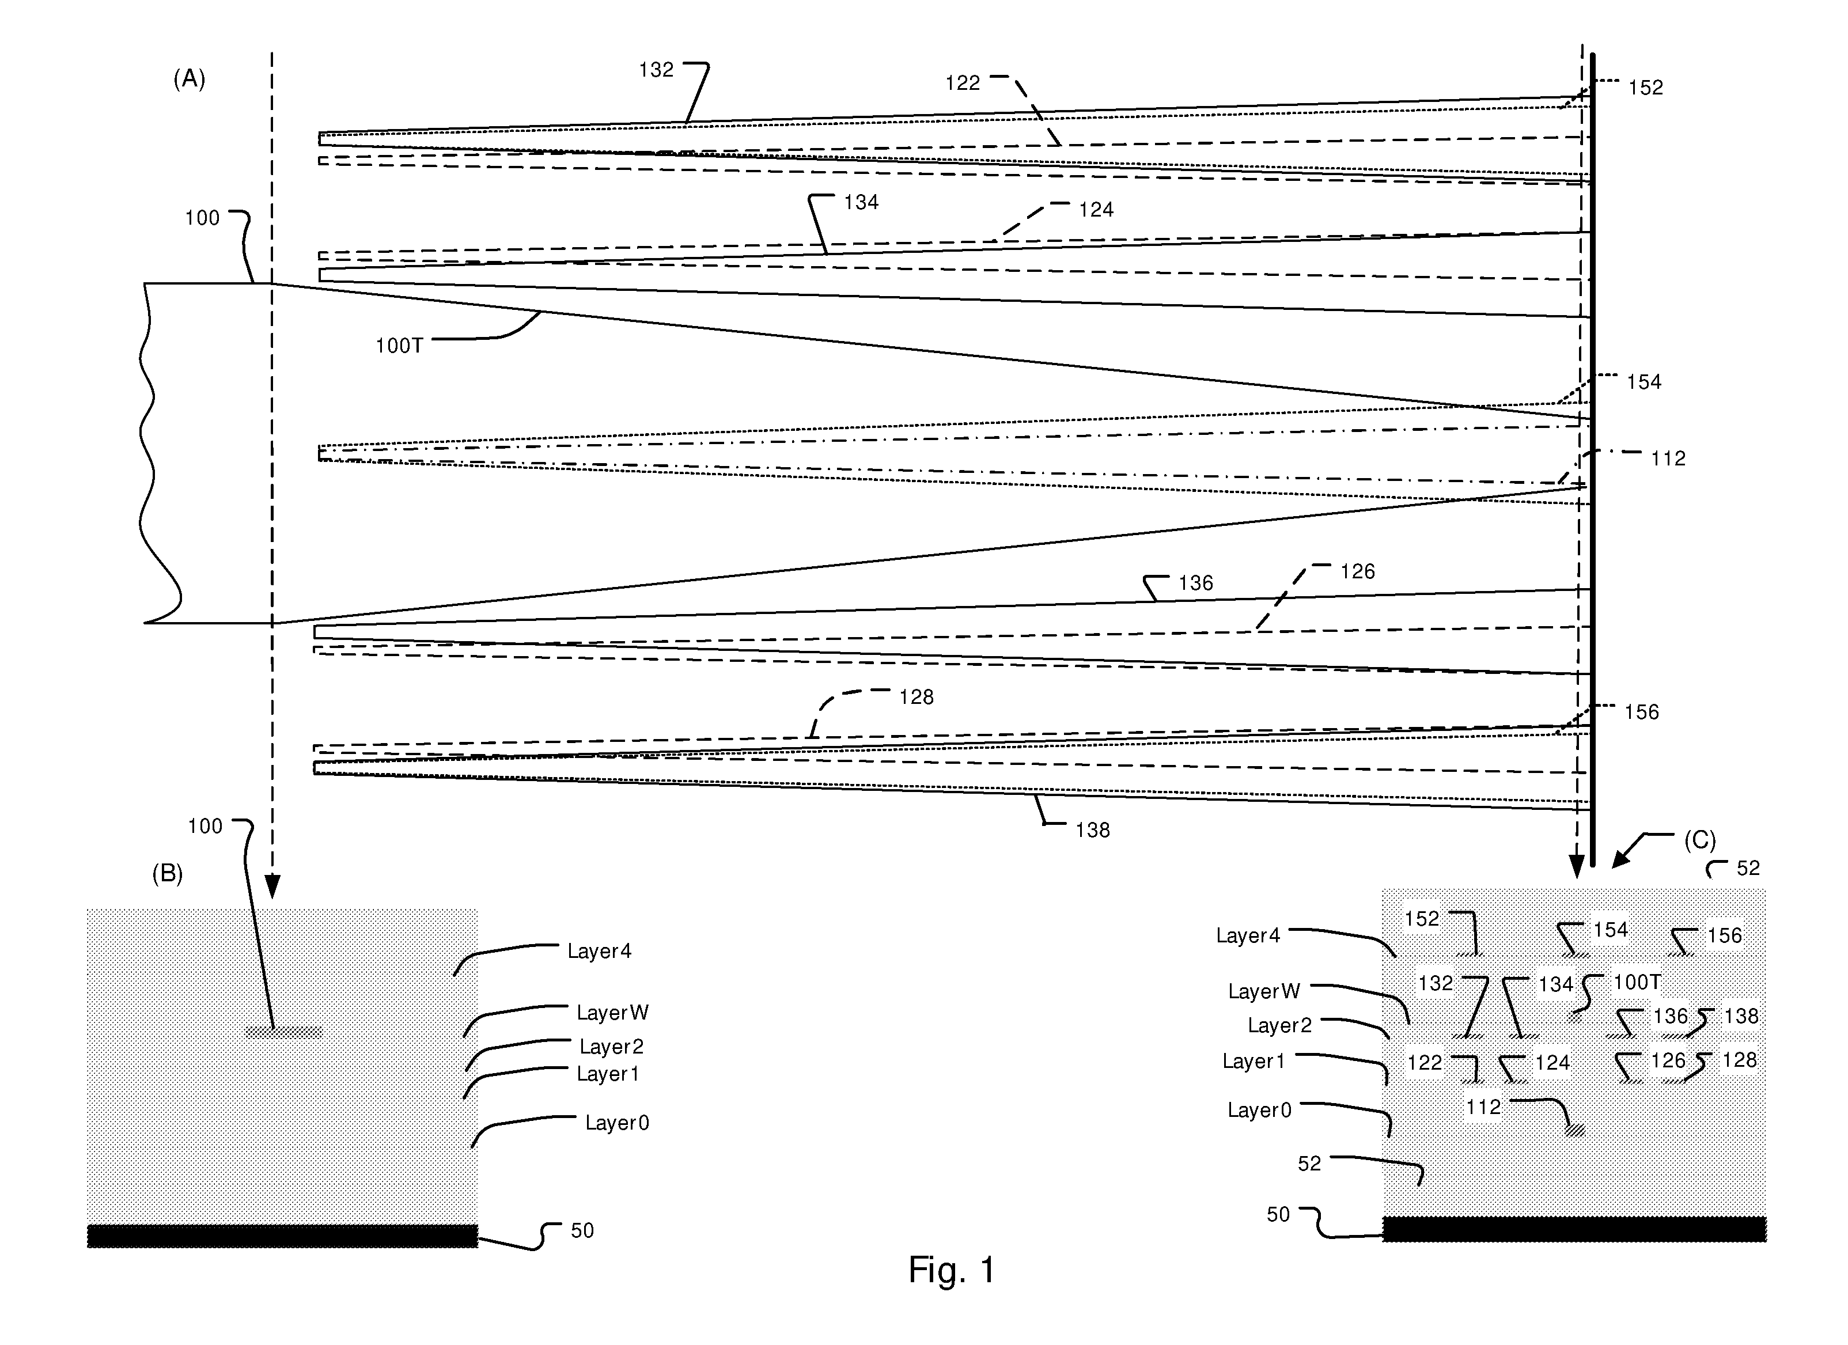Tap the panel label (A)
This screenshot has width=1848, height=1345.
pyautogui.click(x=189, y=78)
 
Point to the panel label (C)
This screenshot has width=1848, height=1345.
pyautogui.click(x=1700, y=839)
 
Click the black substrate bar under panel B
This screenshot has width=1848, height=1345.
pyautogui.click(x=282, y=1235)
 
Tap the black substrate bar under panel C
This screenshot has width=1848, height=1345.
pyautogui.click(x=1574, y=1229)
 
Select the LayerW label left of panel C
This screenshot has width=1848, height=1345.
pyautogui.click(x=1264, y=991)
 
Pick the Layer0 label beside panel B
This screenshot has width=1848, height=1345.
pyautogui.click(x=617, y=1123)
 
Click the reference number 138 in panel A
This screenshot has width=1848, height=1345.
pyautogui.click(x=1092, y=829)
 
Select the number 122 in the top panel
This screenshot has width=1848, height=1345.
pyautogui.click(x=962, y=83)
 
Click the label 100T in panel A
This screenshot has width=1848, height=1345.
pyautogui.click(x=399, y=346)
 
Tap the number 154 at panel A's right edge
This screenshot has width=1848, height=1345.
pyautogui.click(x=1643, y=382)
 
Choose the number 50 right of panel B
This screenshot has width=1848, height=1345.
pyautogui.click(x=582, y=1230)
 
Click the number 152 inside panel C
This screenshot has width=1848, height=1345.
pyautogui.click(x=1422, y=919)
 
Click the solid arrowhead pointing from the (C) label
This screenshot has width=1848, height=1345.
pyautogui.click(x=1622, y=859)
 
